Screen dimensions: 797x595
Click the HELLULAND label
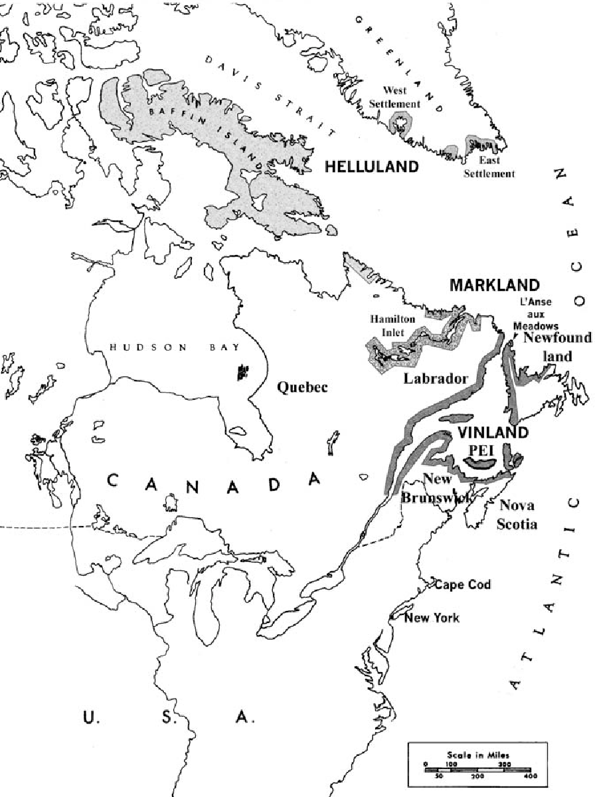click(372, 167)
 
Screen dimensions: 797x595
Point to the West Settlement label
click(396, 98)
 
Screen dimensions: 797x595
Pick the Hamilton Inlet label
click(393, 325)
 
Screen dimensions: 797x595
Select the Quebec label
click(302, 387)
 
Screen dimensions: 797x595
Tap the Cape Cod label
click(464, 584)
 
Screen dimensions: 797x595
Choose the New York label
click(432, 618)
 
